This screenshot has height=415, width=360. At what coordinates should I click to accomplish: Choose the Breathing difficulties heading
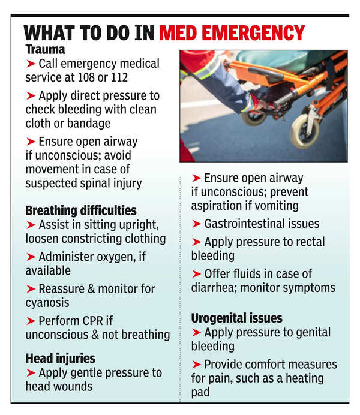pyautogui.click(x=81, y=210)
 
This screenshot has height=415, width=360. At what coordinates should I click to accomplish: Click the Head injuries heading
pyautogui.click(x=60, y=358)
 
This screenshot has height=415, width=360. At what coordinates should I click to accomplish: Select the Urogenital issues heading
pyautogui.click(x=236, y=318)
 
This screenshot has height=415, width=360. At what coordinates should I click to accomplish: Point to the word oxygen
pyautogui.click(x=108, y=257)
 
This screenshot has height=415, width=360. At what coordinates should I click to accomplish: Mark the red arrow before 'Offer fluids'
pyautogui.click(x=196, y=273)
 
